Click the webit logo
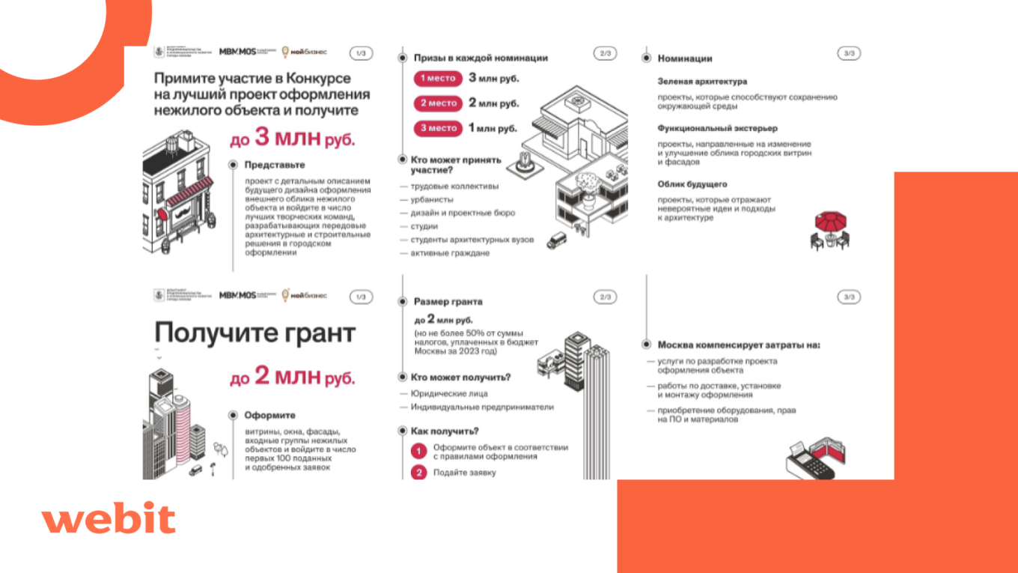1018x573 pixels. [109, 518]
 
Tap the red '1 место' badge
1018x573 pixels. [438, 79]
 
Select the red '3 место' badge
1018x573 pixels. [438, 128]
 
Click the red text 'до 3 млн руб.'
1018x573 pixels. [293, 139]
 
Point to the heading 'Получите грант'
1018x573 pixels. [254, 333]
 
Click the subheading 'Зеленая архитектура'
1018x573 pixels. [702, 81]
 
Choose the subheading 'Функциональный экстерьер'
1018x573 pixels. [717, 128]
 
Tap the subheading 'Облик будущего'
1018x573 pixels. [692, 184]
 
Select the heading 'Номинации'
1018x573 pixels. [685, 58]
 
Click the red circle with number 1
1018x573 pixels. [418, 452]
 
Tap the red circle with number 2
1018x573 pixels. [418, 473]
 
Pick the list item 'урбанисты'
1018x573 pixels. [432, 200]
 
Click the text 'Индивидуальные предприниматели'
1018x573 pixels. [482, 407]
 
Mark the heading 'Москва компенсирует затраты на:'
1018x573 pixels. [738, 345]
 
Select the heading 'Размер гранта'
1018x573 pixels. [448, 302]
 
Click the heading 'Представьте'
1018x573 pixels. [275, 165]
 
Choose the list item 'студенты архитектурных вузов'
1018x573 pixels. [472, 240]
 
